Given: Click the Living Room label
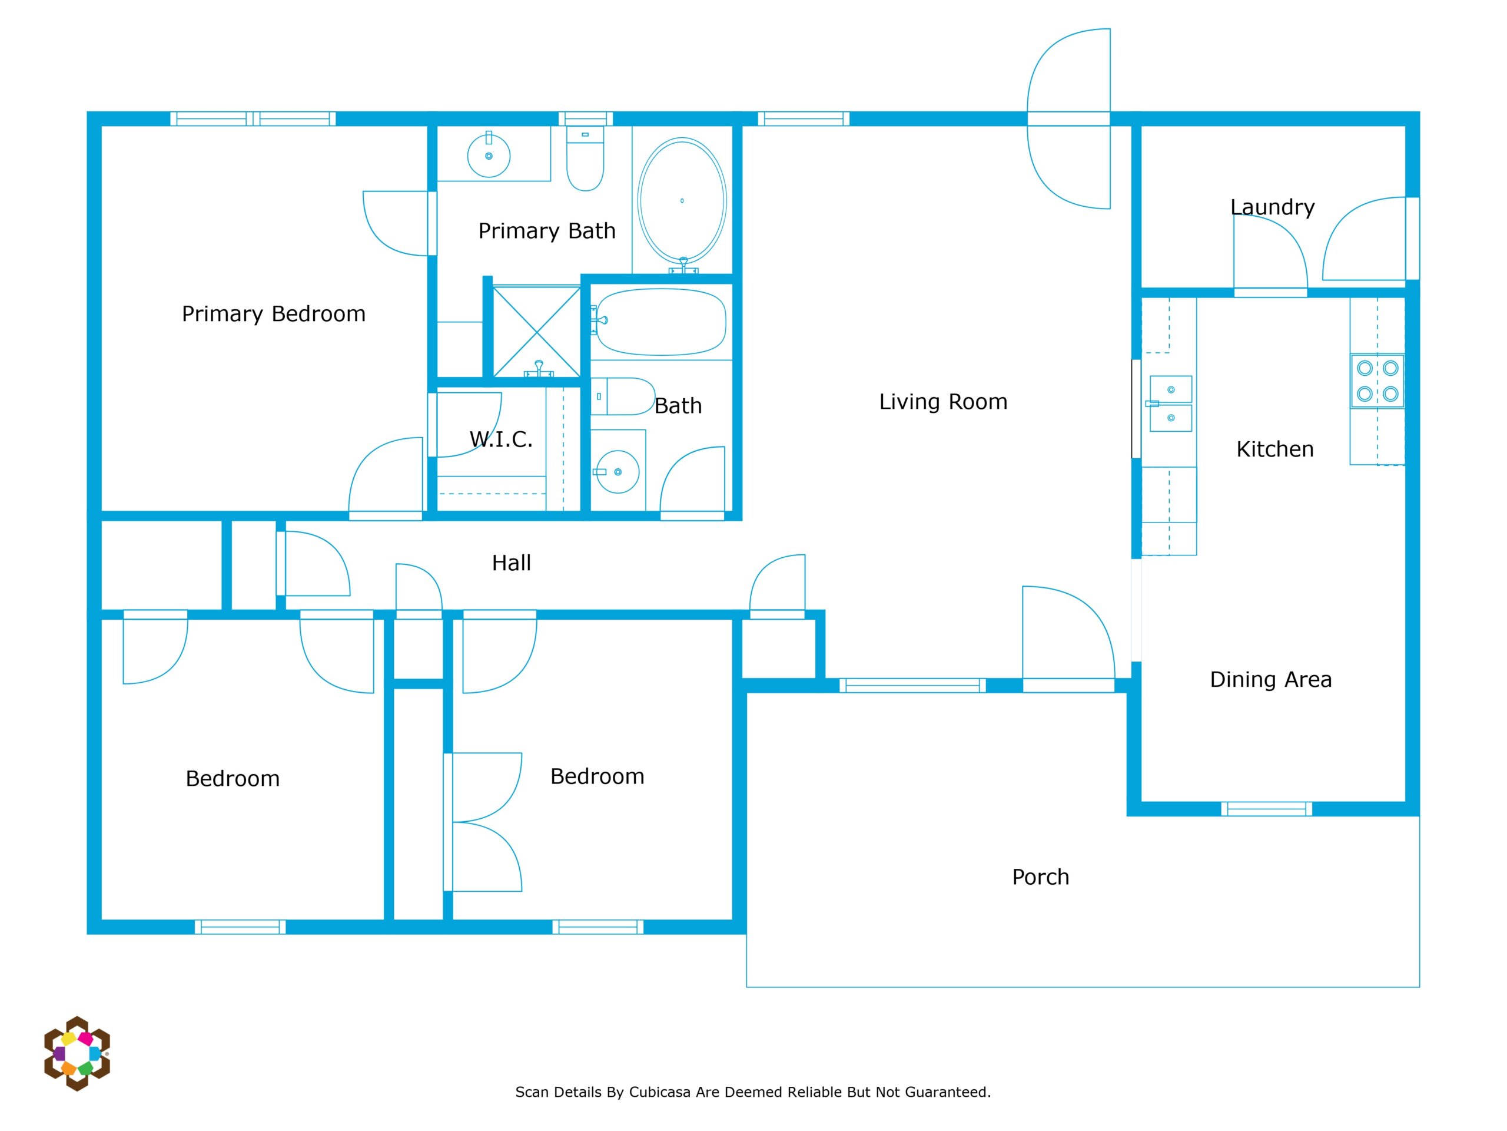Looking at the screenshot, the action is tap(943, 402).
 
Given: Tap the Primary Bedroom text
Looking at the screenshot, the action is tap(273, 313).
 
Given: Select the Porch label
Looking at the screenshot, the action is tap(1040, 877).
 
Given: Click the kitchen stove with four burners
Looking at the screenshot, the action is tap(1377, 381).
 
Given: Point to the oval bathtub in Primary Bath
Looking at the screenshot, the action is tap(682, 200).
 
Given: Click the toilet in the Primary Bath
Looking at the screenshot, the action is tap(585, 158).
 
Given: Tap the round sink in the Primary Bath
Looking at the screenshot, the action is tap(489, 155).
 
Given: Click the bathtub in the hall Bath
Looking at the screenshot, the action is tap(661, 322).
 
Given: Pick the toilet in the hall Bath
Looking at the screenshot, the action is tap(623, 396).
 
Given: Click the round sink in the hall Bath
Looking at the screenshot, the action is tap(618, 471).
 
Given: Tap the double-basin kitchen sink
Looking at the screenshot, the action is tap(1170, 404).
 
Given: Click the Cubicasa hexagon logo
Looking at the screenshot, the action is tap(77, 1053).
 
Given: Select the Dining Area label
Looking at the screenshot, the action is tap(1270, 680).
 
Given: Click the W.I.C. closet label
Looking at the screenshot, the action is tap(501, 439).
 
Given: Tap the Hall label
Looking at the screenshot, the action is tap(511, 563).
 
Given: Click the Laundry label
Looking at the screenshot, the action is tap(1272, 207).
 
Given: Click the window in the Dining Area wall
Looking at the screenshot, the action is tap(1266, 809).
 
